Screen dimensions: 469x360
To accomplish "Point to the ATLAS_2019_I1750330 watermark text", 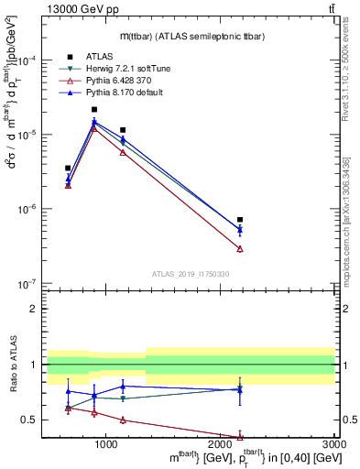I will click(190, 274).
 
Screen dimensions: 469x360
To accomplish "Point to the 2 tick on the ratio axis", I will click(36, 309).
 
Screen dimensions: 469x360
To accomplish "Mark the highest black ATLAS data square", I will click(94, 109).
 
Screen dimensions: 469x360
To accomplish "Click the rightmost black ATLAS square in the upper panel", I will click(240, 220).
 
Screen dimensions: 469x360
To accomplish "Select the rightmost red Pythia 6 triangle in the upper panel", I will click(240, 249).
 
